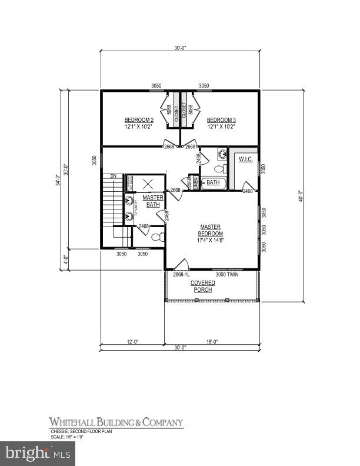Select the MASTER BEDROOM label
pos(210,230)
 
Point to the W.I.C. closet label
pos(245,159)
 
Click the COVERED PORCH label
pos(202,287)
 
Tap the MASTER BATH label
pos(153,201)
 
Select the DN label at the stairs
pos(113,177)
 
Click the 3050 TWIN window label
pos(228,274)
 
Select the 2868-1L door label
pos(181,274)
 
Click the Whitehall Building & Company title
pos(116,422)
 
